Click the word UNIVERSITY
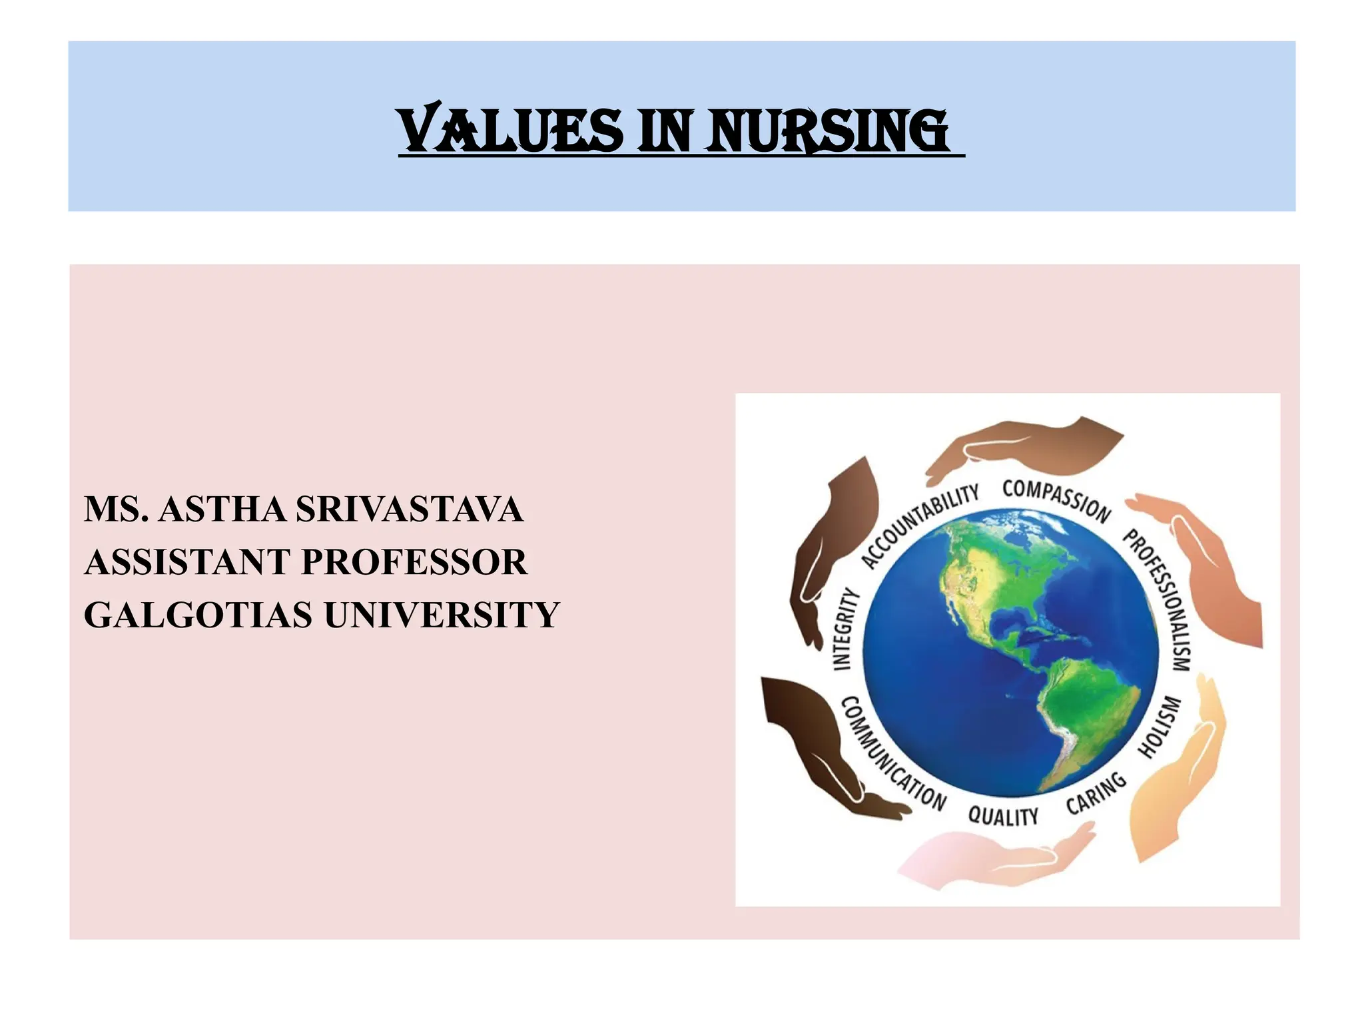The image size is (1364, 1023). [x=442, y=615]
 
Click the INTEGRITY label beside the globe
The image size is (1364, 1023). [x=844, y=629]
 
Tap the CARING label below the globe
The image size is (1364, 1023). [x=1096, y=793]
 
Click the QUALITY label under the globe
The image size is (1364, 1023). [x=1003, y=816]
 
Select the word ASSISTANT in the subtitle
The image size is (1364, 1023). [x=187, y=562]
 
